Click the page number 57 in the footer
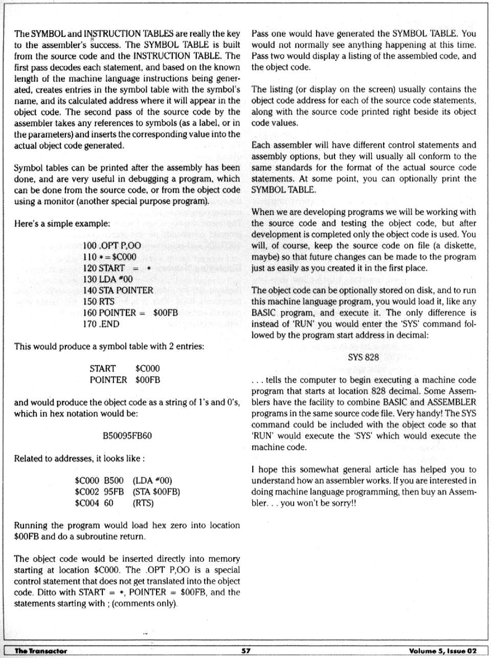[245, 651]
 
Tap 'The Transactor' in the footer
[41, 651]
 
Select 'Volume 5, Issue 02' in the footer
[442, 651]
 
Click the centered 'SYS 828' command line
[363, 357]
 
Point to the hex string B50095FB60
[127, 436]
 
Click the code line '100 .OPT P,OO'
[111, 246]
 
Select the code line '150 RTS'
[98, 302]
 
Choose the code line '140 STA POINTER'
[118, 290]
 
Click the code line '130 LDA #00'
[107, 279]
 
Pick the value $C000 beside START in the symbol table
[147, 369]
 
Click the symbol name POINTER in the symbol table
[108, 380]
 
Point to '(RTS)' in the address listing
[143, 503]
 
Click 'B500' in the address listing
[114, 480]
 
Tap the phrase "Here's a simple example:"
[62, 223]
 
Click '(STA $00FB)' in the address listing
[156, 492]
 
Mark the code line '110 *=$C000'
[109, 257]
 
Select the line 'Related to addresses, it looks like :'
[79, 458]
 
